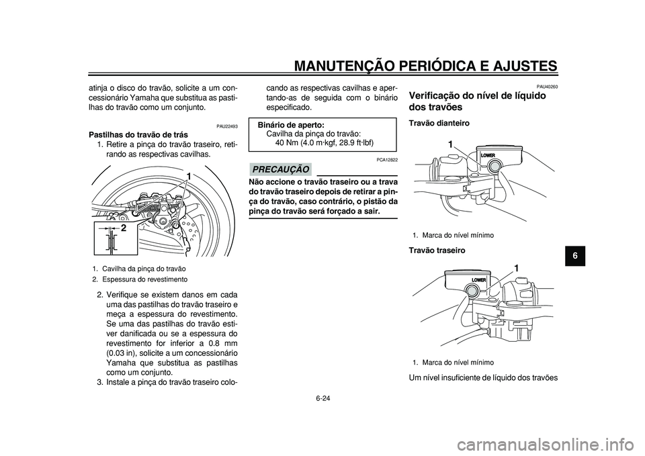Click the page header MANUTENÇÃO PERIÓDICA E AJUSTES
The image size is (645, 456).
click(426, 65)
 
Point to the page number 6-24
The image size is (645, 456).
click(322, 398)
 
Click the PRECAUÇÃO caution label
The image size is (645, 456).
click(281, 169)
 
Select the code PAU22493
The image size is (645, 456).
click(227, 127)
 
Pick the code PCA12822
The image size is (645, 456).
click(387, 159)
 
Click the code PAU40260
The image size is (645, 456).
click(547, 87)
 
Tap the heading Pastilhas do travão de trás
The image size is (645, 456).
click(138, 135)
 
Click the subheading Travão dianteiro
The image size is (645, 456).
click(439, 123)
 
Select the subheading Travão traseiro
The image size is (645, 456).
click(437, 250)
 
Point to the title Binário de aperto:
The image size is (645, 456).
click(291, 125)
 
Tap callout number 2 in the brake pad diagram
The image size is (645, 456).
click(124, 228)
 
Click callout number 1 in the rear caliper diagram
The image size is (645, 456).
click(187, 177)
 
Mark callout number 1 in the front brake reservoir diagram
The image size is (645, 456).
click(451, 144)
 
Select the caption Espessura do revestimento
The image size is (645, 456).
click(145, 279)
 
